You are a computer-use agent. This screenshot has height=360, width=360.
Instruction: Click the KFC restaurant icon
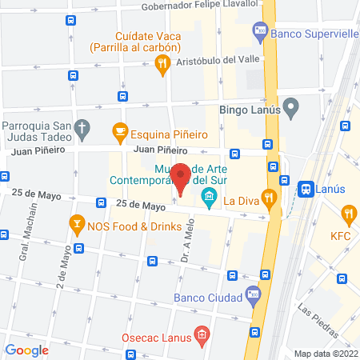pyautogui.click(x=348, y=214)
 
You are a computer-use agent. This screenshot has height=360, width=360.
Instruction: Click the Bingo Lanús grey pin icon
pyautogui.click(x=291, y=105)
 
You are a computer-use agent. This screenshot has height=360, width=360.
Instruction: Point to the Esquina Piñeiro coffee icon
pyautogui.click(x=120, y=130)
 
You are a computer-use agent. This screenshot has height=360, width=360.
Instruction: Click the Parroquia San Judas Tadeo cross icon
pyautogui.click(x=81, y=127)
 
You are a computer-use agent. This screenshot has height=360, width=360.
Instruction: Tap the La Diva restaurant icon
pyautogui.click(x=270, y=199)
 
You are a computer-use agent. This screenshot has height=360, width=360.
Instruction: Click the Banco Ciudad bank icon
pyautogui.click(x=254, y=293)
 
